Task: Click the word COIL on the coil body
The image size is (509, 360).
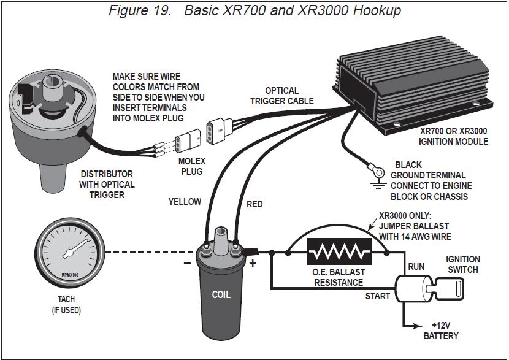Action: [x=221, y=294]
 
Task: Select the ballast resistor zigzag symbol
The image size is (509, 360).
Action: [x=339, y=252]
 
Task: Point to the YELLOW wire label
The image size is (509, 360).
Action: [x=185, y=201]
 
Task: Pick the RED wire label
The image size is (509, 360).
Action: [x=255, y=204]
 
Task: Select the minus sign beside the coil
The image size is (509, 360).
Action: [x=186, y=264]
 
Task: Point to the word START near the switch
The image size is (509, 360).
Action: [x=377, y=297]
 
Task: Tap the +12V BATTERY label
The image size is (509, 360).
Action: [x=441, y=331]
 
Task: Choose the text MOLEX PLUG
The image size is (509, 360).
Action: [x=191, y=165]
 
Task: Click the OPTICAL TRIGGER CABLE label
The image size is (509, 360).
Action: [x=282, y=96]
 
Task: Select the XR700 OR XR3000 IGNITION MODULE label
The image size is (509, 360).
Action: [x=454, y=136]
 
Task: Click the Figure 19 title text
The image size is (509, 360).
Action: [x=255, y=10]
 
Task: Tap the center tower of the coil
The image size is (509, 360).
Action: [x=221, y=236]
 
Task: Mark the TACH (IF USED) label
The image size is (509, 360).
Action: [x=66, y=305]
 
